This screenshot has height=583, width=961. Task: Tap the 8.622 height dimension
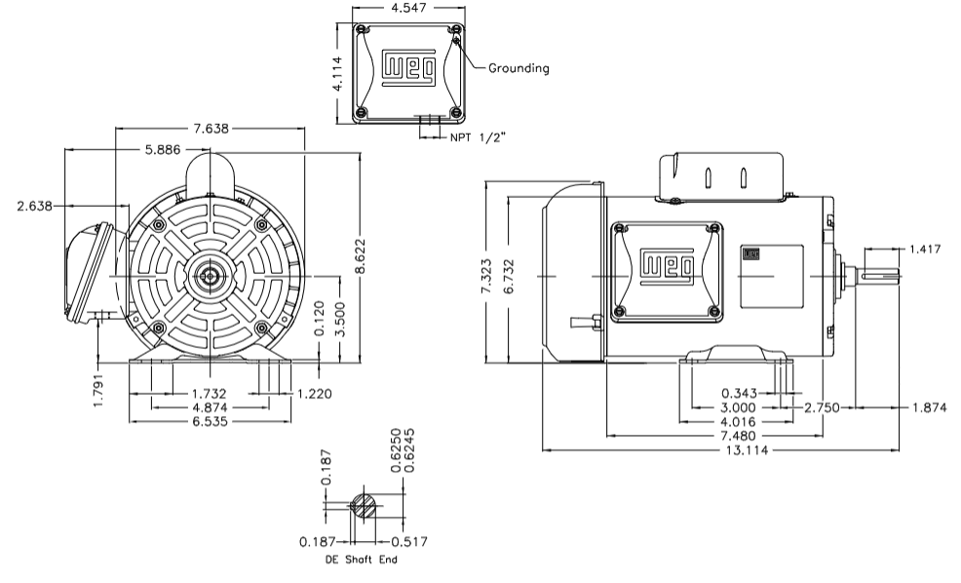[363, 257]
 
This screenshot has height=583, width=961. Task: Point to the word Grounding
[519, 68]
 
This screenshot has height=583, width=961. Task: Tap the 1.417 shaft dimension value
[924, 250]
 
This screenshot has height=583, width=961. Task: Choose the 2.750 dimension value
[822, 408]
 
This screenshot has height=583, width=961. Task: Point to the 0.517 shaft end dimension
[408, 541]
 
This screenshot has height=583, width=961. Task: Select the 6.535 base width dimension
[211, 422]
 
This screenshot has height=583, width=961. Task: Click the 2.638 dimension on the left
[36, 206]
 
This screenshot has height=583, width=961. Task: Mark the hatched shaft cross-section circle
[363, 505]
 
